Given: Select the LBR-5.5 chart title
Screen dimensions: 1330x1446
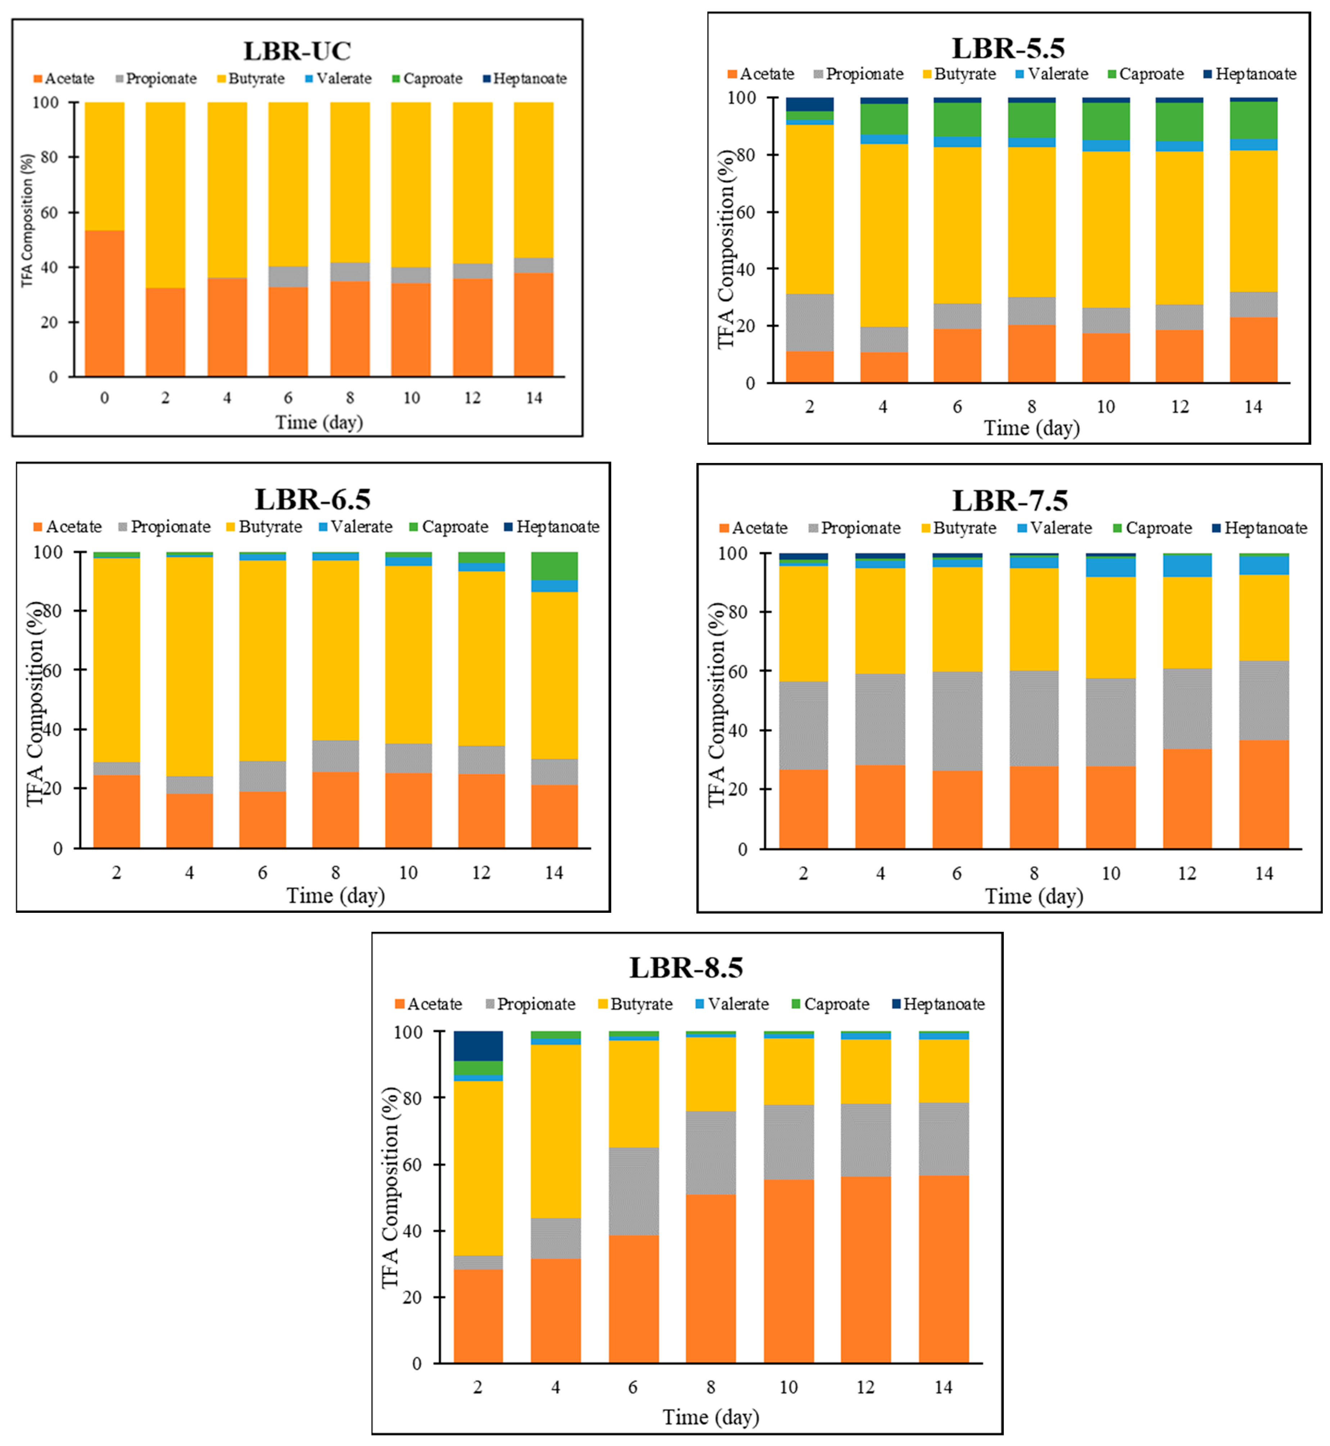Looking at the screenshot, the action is [x=1008, y=48].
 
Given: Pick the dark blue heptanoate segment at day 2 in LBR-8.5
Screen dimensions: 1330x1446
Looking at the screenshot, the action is [x=478, y=1046].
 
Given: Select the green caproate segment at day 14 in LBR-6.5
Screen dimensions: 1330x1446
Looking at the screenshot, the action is [x=554, y=566].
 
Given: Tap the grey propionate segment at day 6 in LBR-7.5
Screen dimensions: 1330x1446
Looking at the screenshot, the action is [x=957, y=721].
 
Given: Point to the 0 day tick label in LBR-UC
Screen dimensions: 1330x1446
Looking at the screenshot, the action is [x=104, y=398].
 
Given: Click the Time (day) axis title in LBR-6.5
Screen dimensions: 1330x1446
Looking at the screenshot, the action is [x=335, y=896].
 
